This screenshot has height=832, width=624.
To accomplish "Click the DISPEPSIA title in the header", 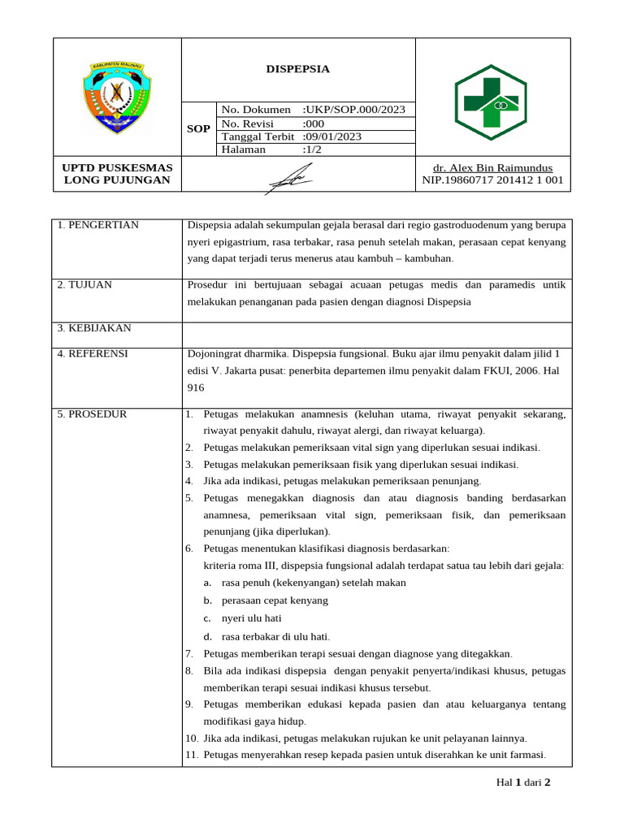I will click(298, 69).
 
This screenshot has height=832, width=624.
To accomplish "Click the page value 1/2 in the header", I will click(312, 149).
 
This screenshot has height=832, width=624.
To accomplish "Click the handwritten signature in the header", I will click(288, 177).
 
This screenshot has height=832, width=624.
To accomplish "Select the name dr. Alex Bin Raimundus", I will click(492, 167).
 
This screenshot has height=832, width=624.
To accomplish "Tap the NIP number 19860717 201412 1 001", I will click(492, 180).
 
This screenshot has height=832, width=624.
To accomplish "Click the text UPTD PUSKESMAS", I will click(117, 167).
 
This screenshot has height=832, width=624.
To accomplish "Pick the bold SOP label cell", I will click(198, 129).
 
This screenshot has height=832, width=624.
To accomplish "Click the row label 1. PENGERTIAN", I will click(98, 225).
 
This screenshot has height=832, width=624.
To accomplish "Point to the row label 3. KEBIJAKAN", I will click(94, 328).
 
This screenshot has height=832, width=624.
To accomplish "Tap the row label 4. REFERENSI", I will click(93, 354).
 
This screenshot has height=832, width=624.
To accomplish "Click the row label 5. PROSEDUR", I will click(92, 414).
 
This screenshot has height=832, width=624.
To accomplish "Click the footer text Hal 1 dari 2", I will click(523, 783).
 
